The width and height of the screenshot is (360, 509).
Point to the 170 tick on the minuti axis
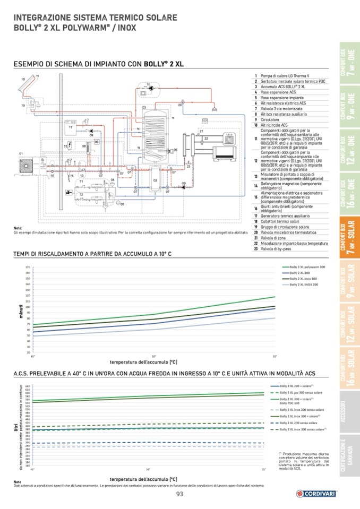pyautogui.click(x=27, y=268)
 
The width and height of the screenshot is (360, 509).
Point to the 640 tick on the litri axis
pyautogui.click(x=28, y=386)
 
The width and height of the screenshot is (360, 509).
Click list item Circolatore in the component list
pyautogui.click(x=271, y=119)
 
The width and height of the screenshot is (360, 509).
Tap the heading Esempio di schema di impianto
pyautogui.click(x=98, y=64)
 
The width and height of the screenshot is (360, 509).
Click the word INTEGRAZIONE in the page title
pyautogui.click(x=42, y=18)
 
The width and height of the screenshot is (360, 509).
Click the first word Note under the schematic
pyautogui.click(x=18, y=228)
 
